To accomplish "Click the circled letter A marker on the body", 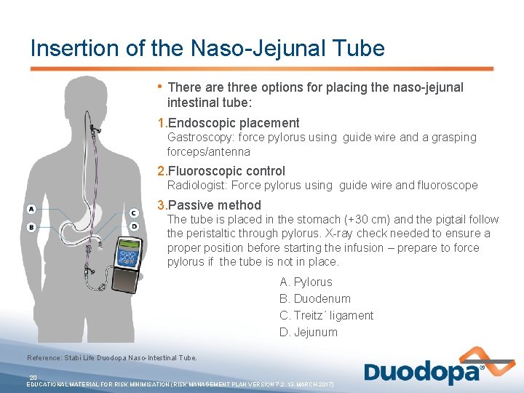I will point(31,209).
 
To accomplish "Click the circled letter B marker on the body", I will point(31,227).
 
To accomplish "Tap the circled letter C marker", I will point(134,213).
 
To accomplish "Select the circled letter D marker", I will point(134,226).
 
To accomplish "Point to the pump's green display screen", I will point(128,257).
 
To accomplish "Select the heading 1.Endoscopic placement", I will point(229,123).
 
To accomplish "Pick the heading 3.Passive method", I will point(210,205).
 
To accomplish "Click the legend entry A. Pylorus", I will point(306,282).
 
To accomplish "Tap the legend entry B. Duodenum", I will point(314,298).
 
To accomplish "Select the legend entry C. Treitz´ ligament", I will point(326,315).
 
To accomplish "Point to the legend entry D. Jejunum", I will point(308,332).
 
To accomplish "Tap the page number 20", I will point(33,377).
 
